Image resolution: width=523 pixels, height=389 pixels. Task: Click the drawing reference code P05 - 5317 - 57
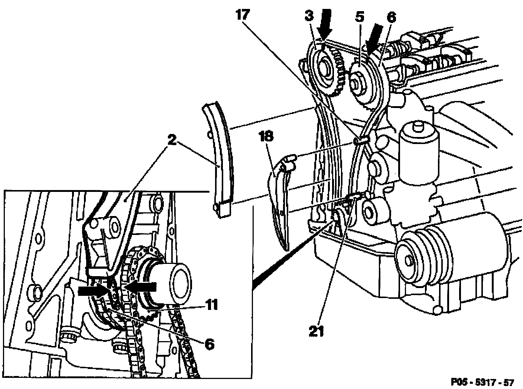483,381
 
